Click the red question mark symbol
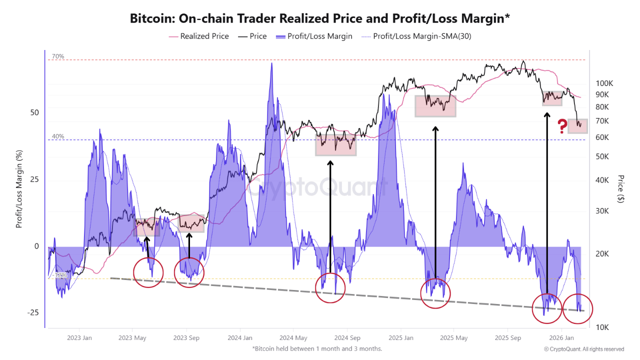point(562,125)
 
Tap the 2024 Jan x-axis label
point(239,337)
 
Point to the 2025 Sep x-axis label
point(507,337)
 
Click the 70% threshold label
point(58,56)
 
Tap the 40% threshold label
point(58,136)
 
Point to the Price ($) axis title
point(621,188)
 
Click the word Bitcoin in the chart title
point(150,18)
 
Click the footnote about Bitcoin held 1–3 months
point(317,348)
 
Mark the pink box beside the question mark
point(577,126)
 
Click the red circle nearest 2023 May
point(148,272)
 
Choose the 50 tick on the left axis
point(34,112)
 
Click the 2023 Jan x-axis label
point(79,337)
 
